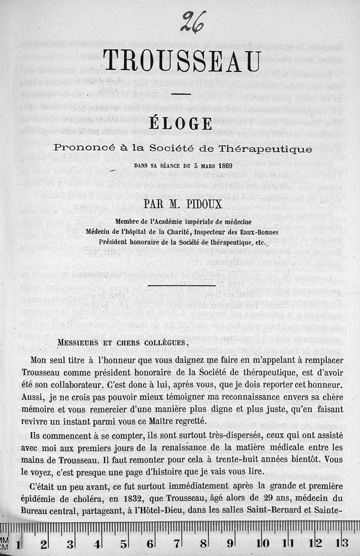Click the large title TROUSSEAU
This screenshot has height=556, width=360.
181,61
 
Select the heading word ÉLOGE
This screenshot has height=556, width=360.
181,124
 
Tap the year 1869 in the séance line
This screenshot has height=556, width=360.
224,165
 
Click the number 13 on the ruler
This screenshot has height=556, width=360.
345,543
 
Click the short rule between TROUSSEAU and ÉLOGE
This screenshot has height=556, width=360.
181,94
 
